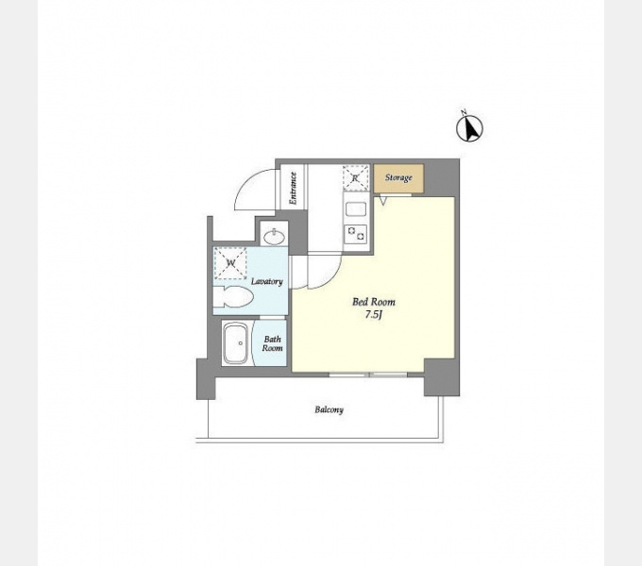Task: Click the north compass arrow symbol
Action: pyautogui.click(x=469, y=128)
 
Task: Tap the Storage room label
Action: pyautogui.click(x=398, y=178)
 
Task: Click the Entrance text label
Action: pyautogui.click(x=293, y=188)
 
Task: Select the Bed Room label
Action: pyautogui.click(x=374, y=302)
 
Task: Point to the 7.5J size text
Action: pyautogui.click(x=374, y=315)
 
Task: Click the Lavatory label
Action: pyautogui.click(x=267, y=281)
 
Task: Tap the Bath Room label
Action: pyautogui.click(x=272, y=343)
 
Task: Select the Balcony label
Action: pyautogui.click(x=329, y=409)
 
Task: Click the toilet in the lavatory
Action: pyautogui.click(x=232, y=296)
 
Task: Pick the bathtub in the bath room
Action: pyautogui.click(x=235, y=343)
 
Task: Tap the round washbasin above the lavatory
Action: pyautogui.click(x=275, y=237)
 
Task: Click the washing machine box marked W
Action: pyautogui.click(x=230, y=263)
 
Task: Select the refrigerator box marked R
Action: pyautogui.click(x=355, y=178)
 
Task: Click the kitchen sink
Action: pyautogui.click(x=356, y=209)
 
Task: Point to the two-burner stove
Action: pyautogui.click(x=356, y=234)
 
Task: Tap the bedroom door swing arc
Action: pyautogui.click(x=329, y=277)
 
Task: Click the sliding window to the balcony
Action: pyautogui.click(x=368, y=375)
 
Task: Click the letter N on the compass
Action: pyautogui.click(x=464, y=112)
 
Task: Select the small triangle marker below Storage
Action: pyautogui.click(x=383, y=200)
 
